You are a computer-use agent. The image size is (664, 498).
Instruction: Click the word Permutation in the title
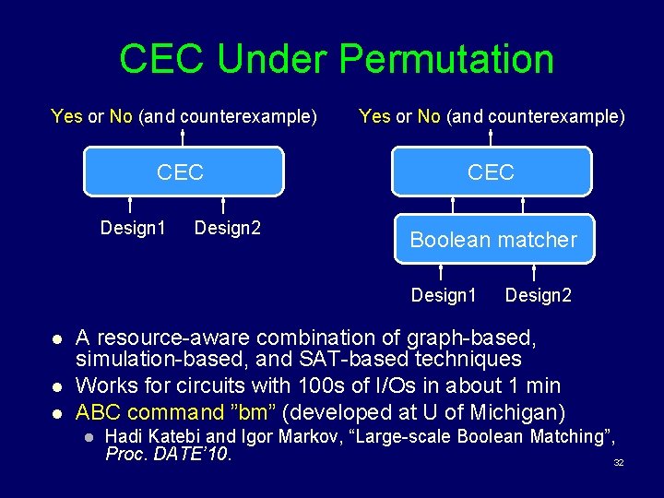(x=446, y=59)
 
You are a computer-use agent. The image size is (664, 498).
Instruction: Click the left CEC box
(x=181, y=172)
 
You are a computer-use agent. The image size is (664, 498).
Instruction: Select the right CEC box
(x=491, y=172)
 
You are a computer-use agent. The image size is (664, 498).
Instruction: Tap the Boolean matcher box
(x=493, y=240)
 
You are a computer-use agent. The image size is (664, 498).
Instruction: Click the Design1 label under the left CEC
(x=133, y=227)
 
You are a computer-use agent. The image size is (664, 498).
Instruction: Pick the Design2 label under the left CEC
(x=228, y=227)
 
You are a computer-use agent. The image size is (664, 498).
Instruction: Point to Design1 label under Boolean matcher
(x=444, y=295)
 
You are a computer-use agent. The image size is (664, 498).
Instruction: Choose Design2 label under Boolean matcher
(x=539, y=295)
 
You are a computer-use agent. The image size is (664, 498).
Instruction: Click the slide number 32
(x=619, y=462)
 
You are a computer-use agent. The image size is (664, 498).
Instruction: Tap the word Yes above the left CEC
(x=66, y=116)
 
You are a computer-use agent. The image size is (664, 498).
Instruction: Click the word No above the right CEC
(x=429, y=116)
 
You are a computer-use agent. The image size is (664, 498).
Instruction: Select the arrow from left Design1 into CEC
(x=130, y=205)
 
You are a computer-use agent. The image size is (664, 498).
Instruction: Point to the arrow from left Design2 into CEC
(x=223, y=205)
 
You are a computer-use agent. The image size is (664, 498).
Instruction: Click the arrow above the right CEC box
(x=491, y=136)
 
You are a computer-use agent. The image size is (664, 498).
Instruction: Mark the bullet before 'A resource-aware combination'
(x=55, y=338)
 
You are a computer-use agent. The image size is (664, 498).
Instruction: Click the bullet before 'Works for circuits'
(x=55, y=387)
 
